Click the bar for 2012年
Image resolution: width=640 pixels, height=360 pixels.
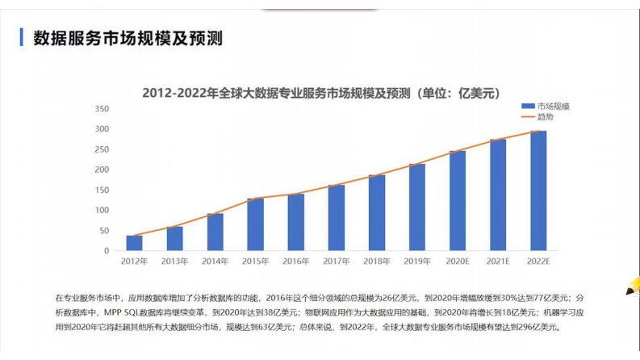134,243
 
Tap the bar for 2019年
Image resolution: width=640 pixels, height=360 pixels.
416,207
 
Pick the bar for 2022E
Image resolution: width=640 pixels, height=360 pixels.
538,190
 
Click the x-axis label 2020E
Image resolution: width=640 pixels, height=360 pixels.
458,262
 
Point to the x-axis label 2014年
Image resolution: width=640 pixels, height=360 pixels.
215,262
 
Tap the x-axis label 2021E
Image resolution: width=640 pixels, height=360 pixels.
498,262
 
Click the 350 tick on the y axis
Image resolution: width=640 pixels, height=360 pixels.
102,109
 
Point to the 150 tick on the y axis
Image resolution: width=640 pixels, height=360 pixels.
102,190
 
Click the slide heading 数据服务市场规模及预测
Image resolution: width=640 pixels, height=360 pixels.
127,39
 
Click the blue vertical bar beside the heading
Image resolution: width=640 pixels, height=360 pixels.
22,38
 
